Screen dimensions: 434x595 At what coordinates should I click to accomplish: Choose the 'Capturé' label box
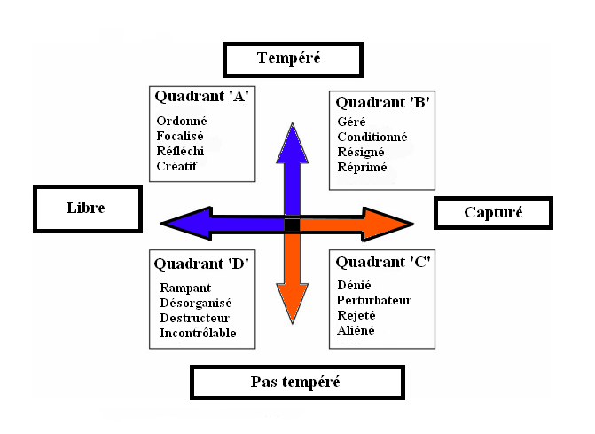(x=494, y=212)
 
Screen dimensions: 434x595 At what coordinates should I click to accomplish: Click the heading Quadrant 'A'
(x=200, y=96)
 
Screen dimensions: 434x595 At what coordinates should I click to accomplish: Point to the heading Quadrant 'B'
(x=382, y=101)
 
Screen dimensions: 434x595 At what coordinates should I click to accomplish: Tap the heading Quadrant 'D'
(x=201, y=264)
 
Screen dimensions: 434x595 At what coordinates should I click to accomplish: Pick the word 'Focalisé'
(x=180, y=136)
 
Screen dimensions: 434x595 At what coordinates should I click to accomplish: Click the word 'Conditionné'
(x=372, y=137)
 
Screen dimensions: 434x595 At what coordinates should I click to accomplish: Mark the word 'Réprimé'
(x=363, y=167)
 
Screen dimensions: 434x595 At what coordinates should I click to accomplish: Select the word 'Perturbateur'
(x=374, y=300)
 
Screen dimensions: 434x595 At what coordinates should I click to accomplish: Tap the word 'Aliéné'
(x=356, y=330)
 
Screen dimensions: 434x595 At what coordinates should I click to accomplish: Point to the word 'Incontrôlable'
(x=198, y=334)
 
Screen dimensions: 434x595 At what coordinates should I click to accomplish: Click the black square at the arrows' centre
(x=292, y=225)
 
